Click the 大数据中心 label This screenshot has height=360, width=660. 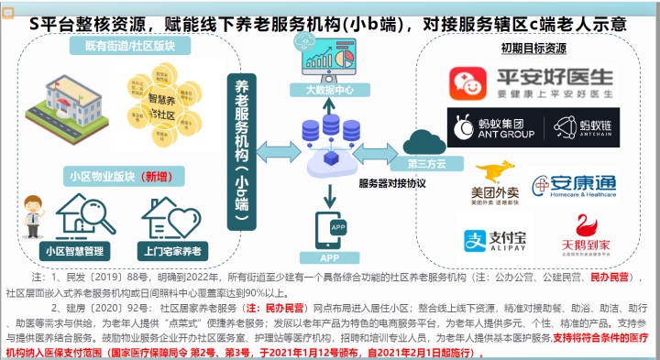click(x=328, y=92)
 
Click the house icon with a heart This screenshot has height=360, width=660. click(x=171, y=216)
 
